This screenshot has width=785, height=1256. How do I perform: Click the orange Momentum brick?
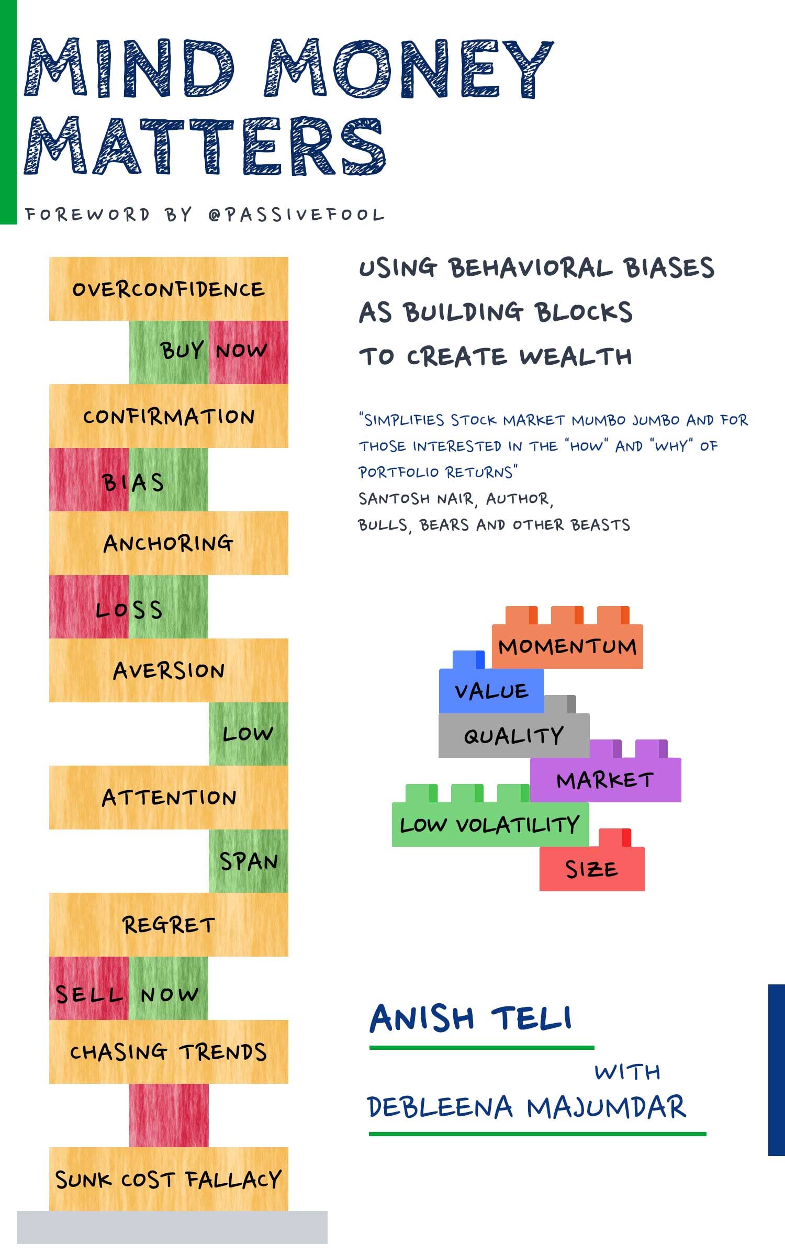tap(567, 646)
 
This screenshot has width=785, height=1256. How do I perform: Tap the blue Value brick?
tap(491, 691)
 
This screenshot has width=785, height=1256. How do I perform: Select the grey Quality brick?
tap(513, 736)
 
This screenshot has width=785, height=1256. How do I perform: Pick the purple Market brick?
tap(605, 780)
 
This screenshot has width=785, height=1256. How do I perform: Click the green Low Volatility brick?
tap(490, 825)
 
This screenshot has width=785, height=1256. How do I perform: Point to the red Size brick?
tap(591, 869)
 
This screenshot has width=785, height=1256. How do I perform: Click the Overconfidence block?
tap(169, 289)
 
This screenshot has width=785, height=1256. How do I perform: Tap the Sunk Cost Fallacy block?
tap(169, 1180)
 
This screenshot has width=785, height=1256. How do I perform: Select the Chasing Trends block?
tap(169, 1052)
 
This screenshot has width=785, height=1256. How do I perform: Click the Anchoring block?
tap(169, 543)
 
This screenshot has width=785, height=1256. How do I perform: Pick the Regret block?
tap(169, 925)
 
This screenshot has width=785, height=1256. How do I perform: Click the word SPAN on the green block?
tap(249, 861)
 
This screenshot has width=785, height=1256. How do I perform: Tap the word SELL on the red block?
tap(89, 994)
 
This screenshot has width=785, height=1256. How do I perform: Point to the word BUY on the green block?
tap(182, 350)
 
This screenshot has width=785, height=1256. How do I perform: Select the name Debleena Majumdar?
tap(526, 1107)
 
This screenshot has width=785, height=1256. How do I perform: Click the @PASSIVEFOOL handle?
tap(296, 215)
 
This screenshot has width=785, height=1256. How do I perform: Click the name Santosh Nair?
tap(417, 499)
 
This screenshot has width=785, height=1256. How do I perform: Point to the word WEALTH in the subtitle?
tap(576, 357)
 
